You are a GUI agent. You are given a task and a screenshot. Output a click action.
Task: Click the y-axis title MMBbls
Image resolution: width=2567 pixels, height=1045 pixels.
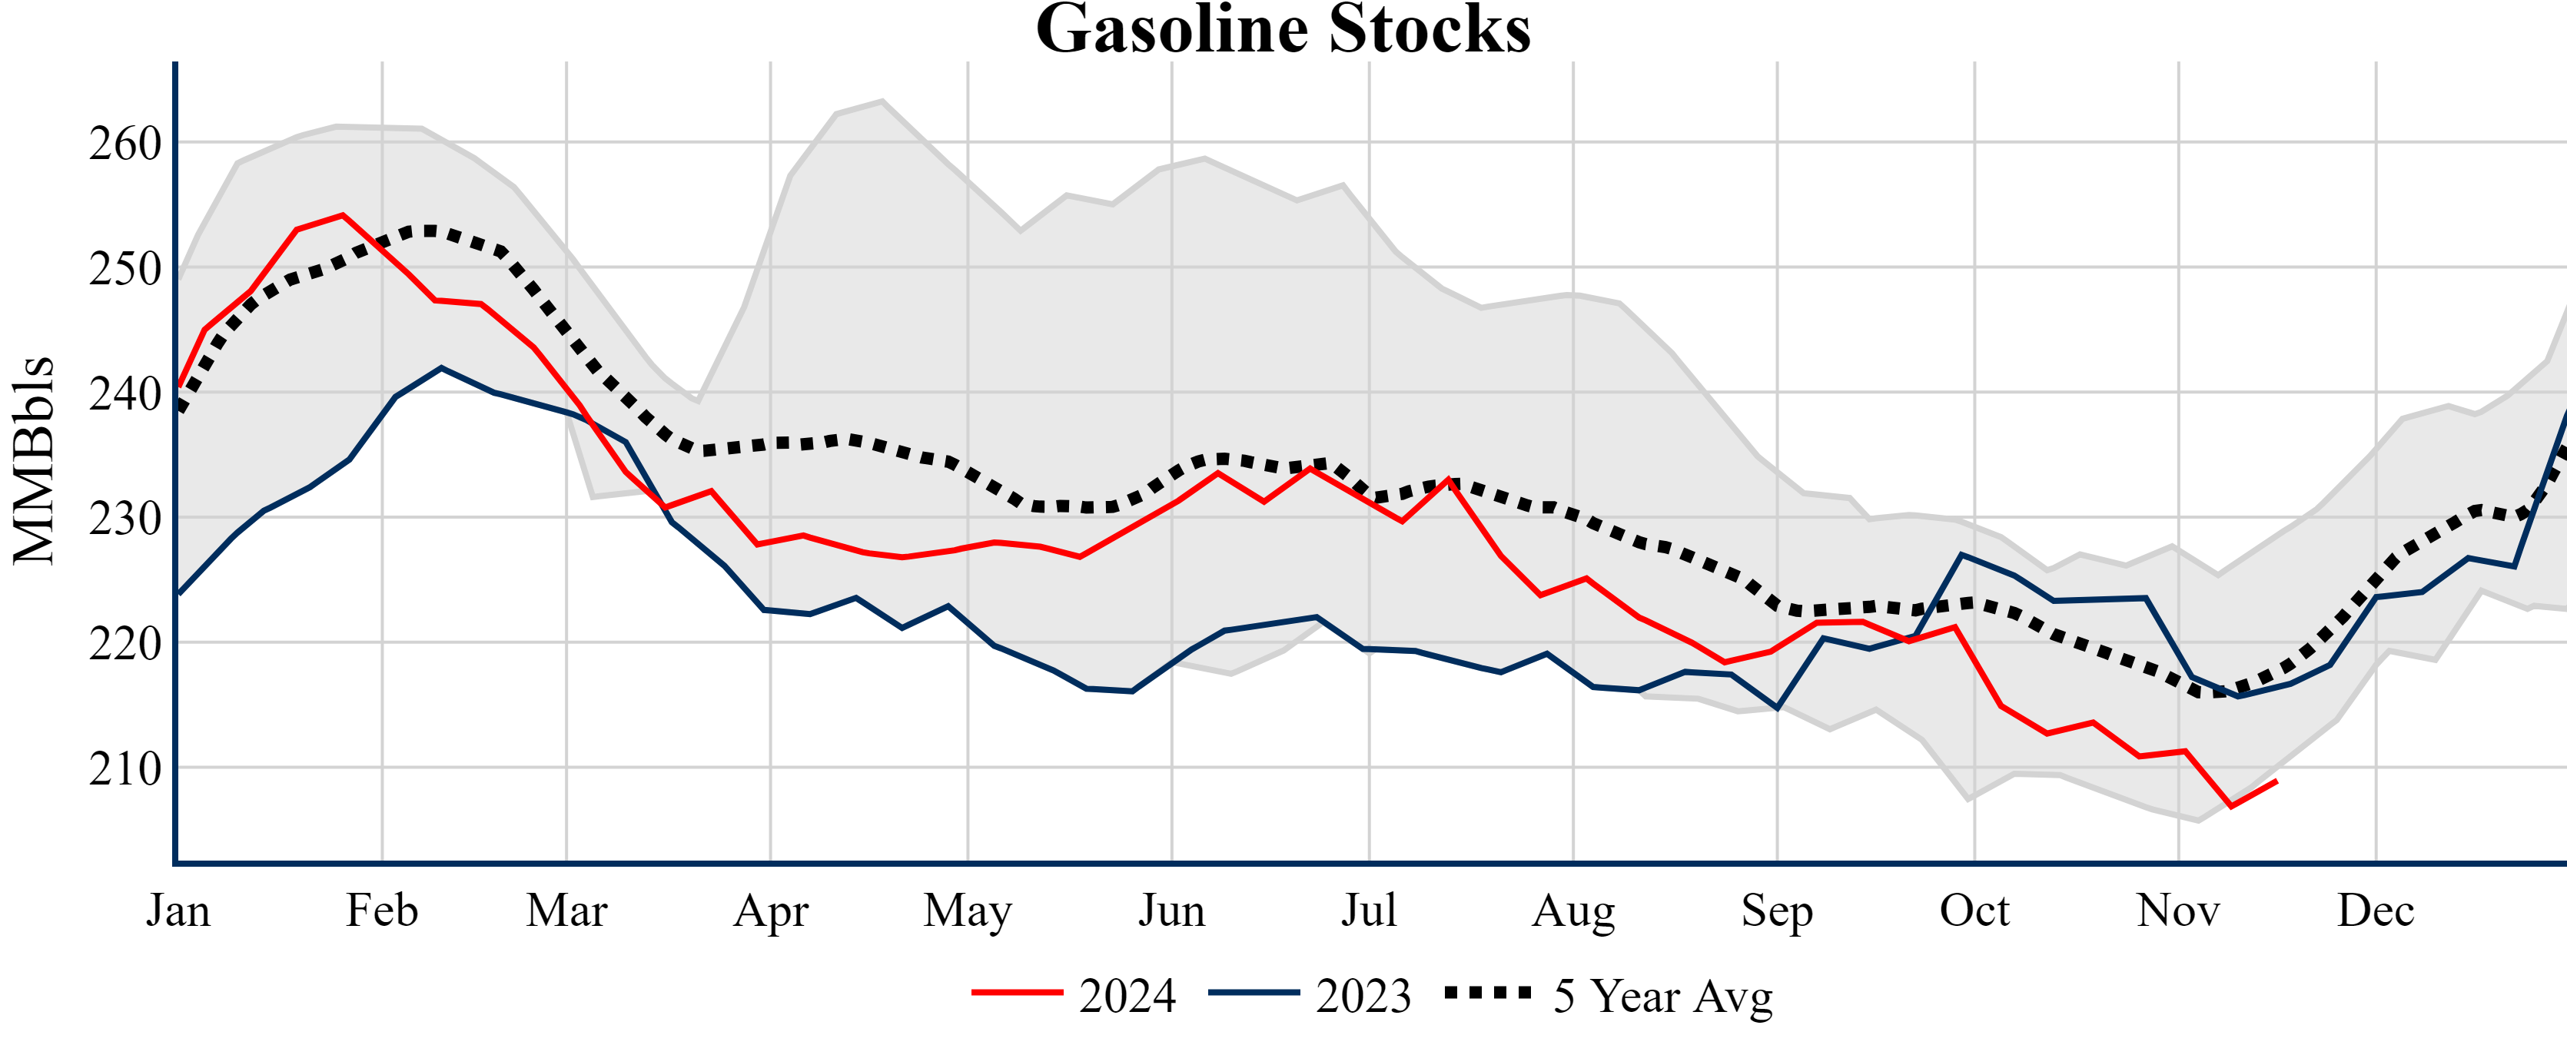coord(33,460)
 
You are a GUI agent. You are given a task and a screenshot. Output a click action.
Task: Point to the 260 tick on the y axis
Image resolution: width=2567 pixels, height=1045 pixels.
coord(125,144)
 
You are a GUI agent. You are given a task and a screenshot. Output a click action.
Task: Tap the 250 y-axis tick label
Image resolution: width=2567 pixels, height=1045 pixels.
coord(125,269)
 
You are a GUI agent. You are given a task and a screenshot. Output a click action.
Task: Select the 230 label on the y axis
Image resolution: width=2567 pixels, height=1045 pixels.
coord(125,519)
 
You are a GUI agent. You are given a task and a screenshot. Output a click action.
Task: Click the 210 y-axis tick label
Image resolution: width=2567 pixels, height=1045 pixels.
coord(125,769)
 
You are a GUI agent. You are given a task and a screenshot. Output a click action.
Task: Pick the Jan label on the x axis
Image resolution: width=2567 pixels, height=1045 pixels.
coord(178,911)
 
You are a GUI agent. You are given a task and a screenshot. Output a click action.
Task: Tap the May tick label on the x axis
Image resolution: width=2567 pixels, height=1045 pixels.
coord(967,911)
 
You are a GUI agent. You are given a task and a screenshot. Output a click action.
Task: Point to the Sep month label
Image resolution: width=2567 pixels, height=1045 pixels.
coord(1776,911)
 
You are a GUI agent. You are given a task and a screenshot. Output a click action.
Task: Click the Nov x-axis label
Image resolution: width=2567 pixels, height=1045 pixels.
coord(2177,911)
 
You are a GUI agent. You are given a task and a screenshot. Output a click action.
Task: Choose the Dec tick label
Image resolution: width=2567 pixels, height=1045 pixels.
coord(2376,911)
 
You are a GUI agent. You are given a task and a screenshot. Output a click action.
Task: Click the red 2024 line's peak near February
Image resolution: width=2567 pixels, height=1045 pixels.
coord(343,214)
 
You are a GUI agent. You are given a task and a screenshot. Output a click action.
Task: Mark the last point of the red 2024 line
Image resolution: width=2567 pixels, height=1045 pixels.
coord(2276,781)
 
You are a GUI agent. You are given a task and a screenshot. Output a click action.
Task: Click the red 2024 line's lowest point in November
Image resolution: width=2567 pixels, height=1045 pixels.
coord(2230,806)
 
